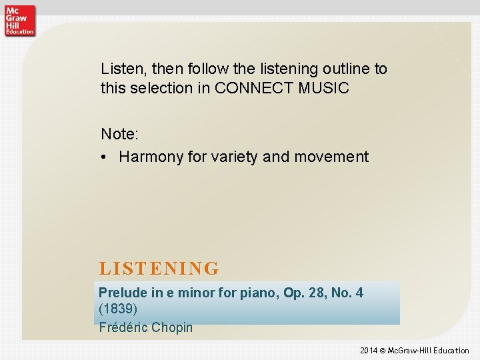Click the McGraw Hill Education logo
[19, 19]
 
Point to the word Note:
[120, 134]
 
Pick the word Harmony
[149, 157]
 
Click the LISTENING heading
[159, 269]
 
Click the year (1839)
[119, 309]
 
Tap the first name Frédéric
[123, 327]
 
